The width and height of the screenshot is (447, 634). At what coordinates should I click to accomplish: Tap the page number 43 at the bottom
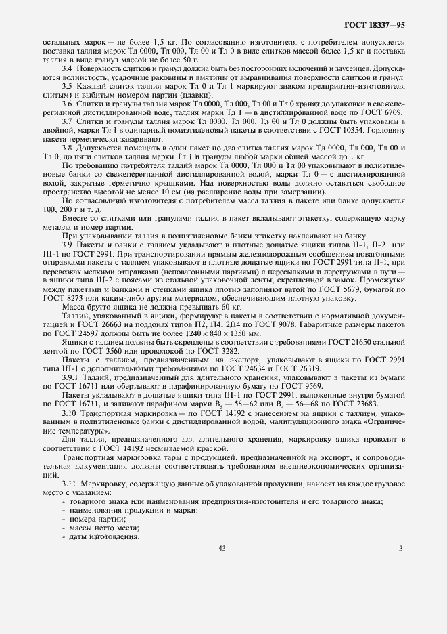coord(222,548)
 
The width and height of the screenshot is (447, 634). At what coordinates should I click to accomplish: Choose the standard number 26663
coord(101,325)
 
